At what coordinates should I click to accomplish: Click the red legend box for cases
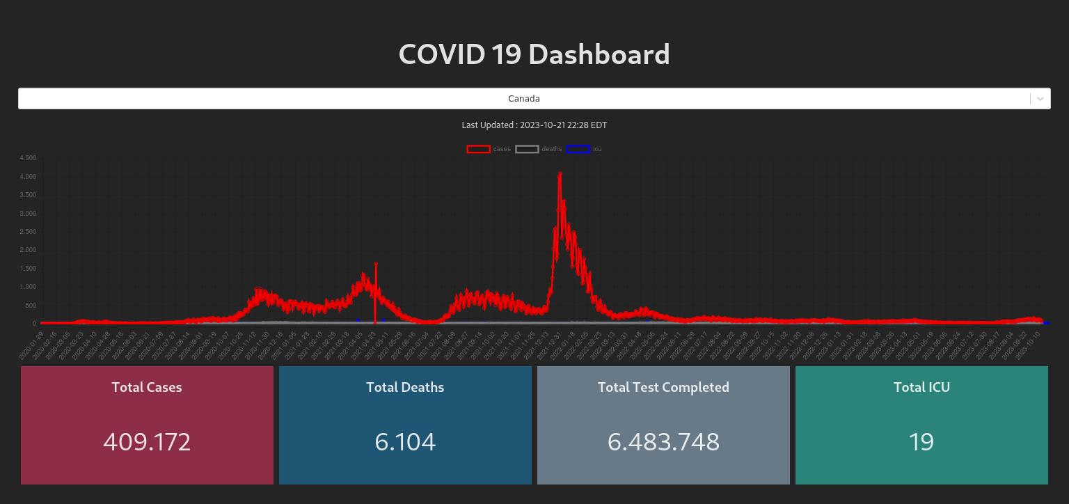[478, 149]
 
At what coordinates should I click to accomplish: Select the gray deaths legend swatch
[527, 149]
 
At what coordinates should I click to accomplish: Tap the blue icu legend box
[578, 149]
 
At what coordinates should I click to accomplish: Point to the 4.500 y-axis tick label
[28, 158]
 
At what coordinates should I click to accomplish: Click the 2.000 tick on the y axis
[28, 250]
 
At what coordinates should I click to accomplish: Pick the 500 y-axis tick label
[31, 306]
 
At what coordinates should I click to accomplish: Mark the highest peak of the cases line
[560, 173]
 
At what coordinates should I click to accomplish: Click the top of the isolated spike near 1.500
[376, 263]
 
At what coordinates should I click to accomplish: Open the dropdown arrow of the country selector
[1040, 99]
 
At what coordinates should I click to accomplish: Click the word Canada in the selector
[524, 99]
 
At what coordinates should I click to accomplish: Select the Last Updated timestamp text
[534, 125]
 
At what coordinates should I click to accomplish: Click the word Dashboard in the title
[599, 54]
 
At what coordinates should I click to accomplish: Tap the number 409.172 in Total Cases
[147, 441]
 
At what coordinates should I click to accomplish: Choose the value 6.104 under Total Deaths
[405, 441]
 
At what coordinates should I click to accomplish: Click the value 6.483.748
[663, 441]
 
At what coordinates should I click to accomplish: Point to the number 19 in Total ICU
[921, 441]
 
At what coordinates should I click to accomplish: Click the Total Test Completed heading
[663, 387]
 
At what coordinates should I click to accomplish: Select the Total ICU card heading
[921, 387]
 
